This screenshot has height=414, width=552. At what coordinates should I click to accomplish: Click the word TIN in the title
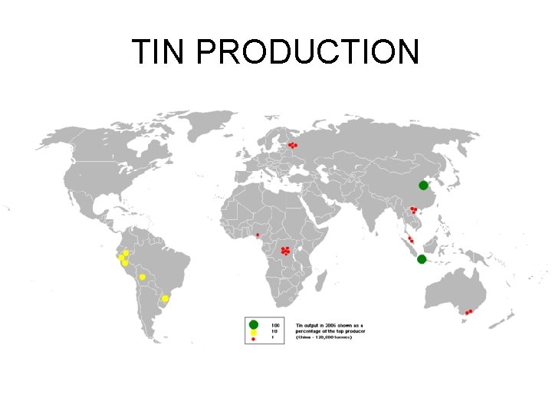[x=159, y=51]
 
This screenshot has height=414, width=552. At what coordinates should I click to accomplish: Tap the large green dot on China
[x=423, y=186]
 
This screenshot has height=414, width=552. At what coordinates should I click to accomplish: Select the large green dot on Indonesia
[x=421, y=259]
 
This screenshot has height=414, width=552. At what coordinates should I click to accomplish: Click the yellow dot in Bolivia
[x=143, y=277]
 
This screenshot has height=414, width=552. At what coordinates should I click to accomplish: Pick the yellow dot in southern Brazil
[x=165, y=298]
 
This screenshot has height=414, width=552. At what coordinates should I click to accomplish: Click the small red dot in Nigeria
[x=258, y=235]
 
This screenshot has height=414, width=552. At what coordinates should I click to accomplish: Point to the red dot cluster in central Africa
[x=285, y=250]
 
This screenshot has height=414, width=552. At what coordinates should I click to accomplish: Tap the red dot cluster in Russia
[x=292, y=145]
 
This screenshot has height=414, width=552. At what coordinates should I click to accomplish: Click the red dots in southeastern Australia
[x=468, y=312]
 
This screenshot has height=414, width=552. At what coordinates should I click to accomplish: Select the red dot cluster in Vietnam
[x=413, y=209]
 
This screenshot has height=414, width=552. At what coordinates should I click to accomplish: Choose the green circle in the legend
[x=253, y=324]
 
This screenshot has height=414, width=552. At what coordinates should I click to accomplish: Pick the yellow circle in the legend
[x=253, y=332]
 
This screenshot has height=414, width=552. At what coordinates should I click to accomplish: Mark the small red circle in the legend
[x=253, y=338]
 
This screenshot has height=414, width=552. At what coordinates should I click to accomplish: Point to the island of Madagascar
[x=325, y=284]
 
